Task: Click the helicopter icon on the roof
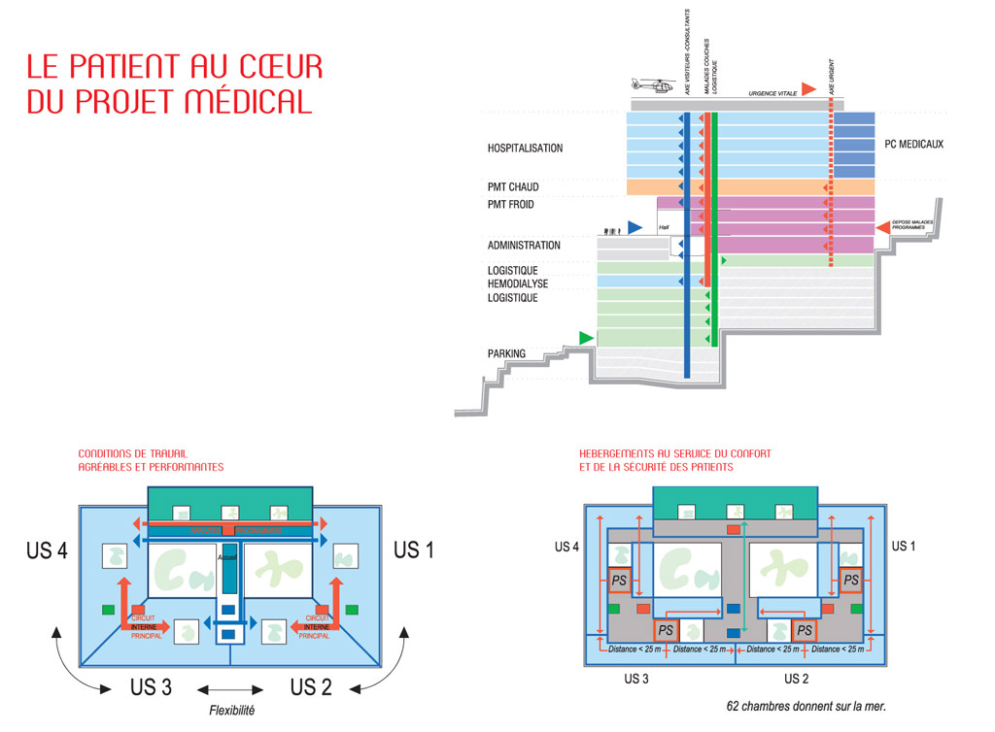pos(653,86)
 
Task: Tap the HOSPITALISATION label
pos(525,149)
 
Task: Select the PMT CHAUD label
pos(513,186)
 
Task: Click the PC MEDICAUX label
pos(913,145)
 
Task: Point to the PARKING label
pos(506,353)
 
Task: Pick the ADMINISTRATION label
pos(524,246)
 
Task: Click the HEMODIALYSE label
pos(518,283)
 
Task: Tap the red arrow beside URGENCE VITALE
pos(808,89)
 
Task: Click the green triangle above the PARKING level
pos(586,337)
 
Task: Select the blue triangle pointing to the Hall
pos(635,227)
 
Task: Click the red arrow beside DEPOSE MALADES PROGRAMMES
pos(883,227)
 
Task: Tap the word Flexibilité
pos(232,710)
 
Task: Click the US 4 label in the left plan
pos(47,550)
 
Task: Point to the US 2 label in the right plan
pos(797,678)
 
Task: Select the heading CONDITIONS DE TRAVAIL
pos(133,452)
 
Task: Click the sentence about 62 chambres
pos(806,706)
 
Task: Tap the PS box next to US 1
pos(851,581)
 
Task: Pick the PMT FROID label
pos(511,205)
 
